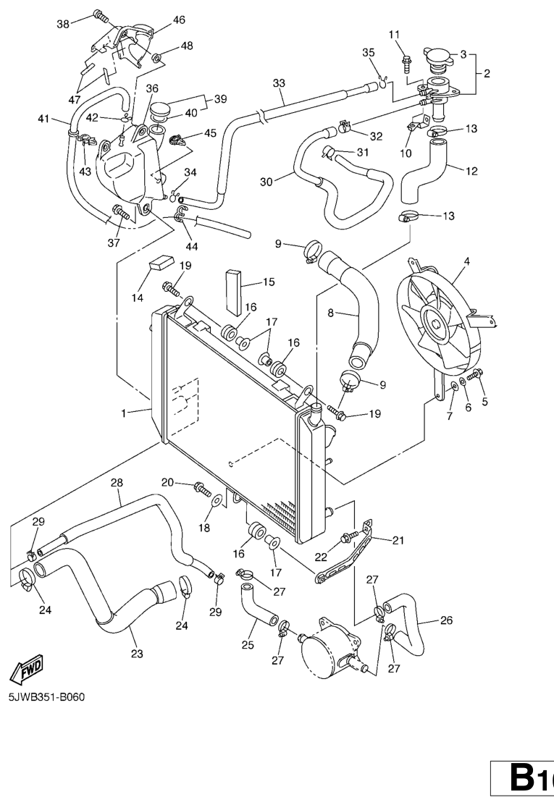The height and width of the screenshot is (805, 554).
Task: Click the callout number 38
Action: point(63,24)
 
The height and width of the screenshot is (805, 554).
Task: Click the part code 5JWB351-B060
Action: point(47,698)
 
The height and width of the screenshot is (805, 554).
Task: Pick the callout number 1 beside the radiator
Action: point(125,413)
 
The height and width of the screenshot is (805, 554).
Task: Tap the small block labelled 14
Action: point(161,262)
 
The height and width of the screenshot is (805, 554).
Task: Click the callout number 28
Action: point(117,482)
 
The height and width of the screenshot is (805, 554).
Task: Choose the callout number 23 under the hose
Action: point(137,654)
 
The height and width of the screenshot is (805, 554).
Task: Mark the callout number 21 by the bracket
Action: point(398,539)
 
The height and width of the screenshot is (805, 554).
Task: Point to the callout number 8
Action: point(330,313)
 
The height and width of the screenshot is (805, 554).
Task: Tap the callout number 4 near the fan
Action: point(466,261)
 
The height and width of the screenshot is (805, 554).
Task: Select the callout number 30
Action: point(266,182)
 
